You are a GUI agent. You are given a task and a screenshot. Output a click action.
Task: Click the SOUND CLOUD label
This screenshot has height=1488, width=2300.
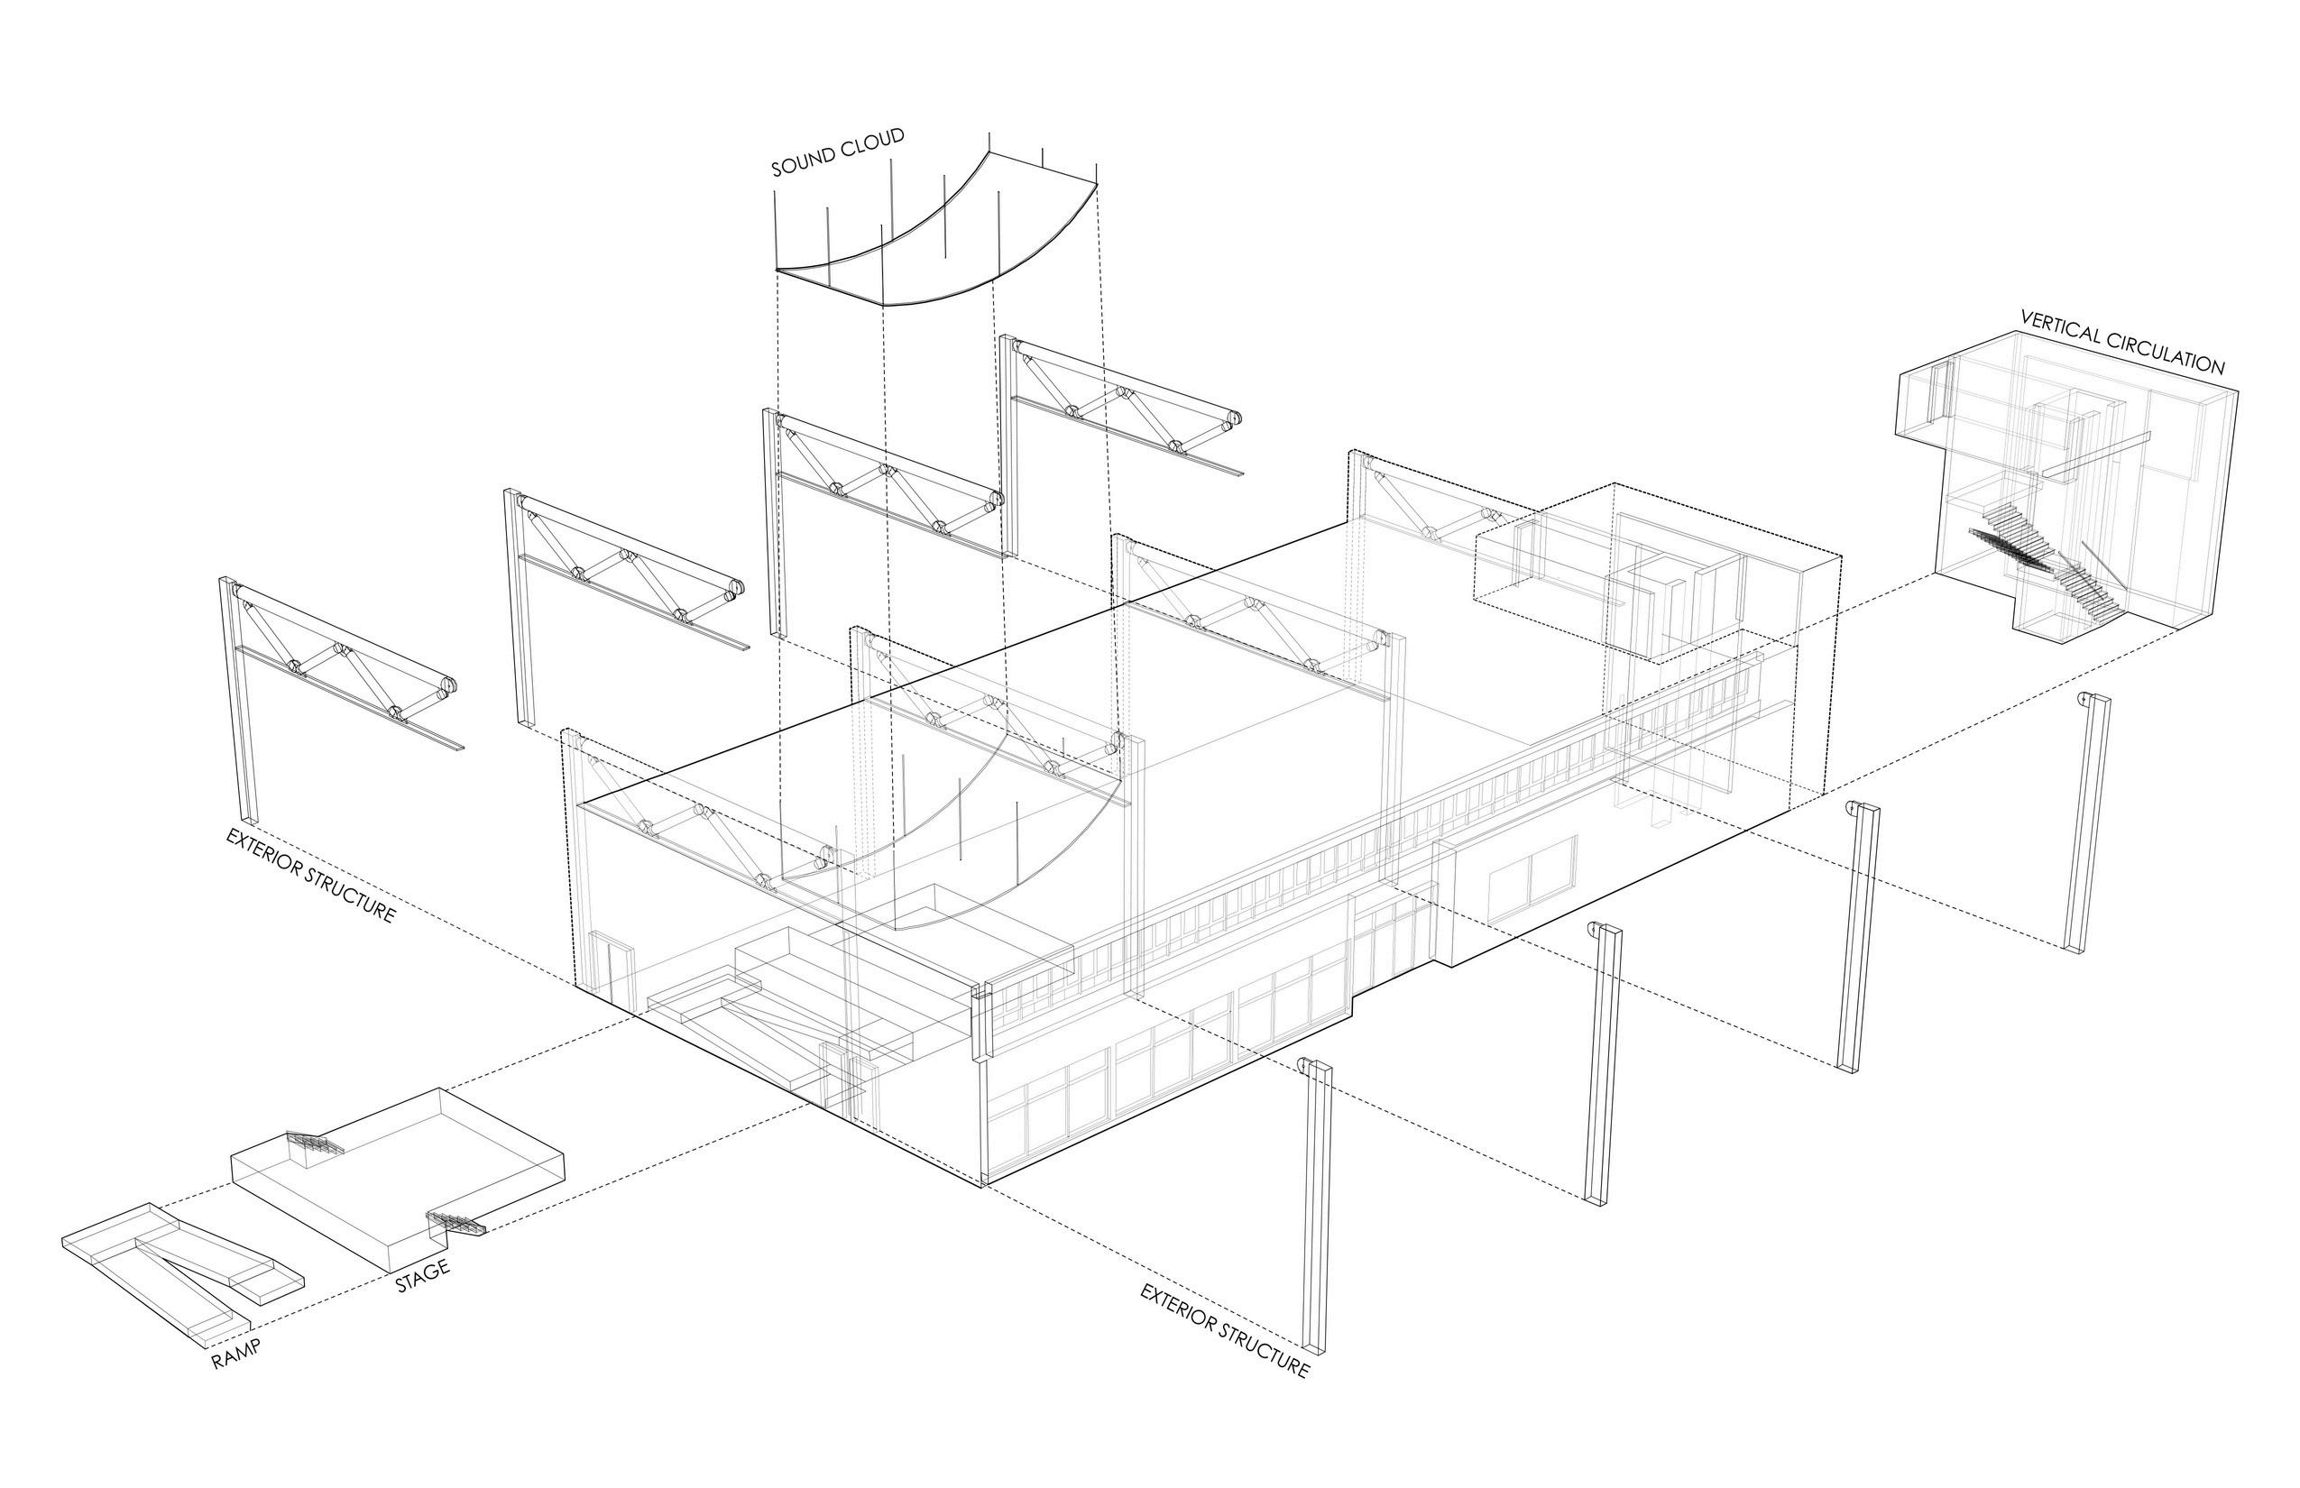click(x=837, y=152)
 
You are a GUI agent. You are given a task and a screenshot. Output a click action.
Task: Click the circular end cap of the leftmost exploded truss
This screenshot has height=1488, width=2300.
click(x=447, y=687)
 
